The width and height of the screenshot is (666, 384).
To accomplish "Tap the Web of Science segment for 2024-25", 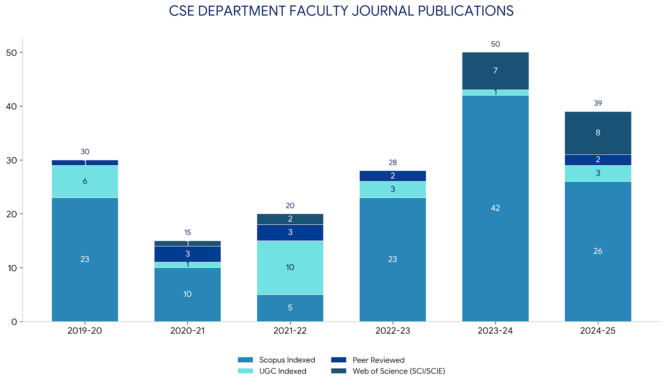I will [x=598, y=133].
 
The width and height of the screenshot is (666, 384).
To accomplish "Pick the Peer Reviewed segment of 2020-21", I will [x=187, y=254].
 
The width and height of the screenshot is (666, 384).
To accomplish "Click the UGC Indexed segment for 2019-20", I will [x=85, y=181].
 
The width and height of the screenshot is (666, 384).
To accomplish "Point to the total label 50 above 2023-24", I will [x=495, y=44].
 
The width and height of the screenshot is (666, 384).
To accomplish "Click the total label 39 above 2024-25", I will [x=598, y=103].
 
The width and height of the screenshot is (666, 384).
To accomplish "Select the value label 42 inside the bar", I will [x=495, y=208].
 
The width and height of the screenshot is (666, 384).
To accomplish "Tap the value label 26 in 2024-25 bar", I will [x=598, y=251].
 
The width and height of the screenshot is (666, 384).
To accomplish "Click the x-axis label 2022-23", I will [x=393, y=331].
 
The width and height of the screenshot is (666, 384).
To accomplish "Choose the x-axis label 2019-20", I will [x=85, y=331].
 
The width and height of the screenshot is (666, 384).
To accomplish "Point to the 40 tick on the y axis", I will [x=12, y=107].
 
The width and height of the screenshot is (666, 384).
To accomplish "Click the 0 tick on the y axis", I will [x=14, y=322].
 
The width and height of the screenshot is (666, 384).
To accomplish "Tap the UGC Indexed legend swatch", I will [x=245, y=371].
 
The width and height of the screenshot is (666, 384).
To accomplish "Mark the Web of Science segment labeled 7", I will [x=495, y=71].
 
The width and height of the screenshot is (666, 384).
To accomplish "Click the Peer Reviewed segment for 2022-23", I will [x=393, y=176].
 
